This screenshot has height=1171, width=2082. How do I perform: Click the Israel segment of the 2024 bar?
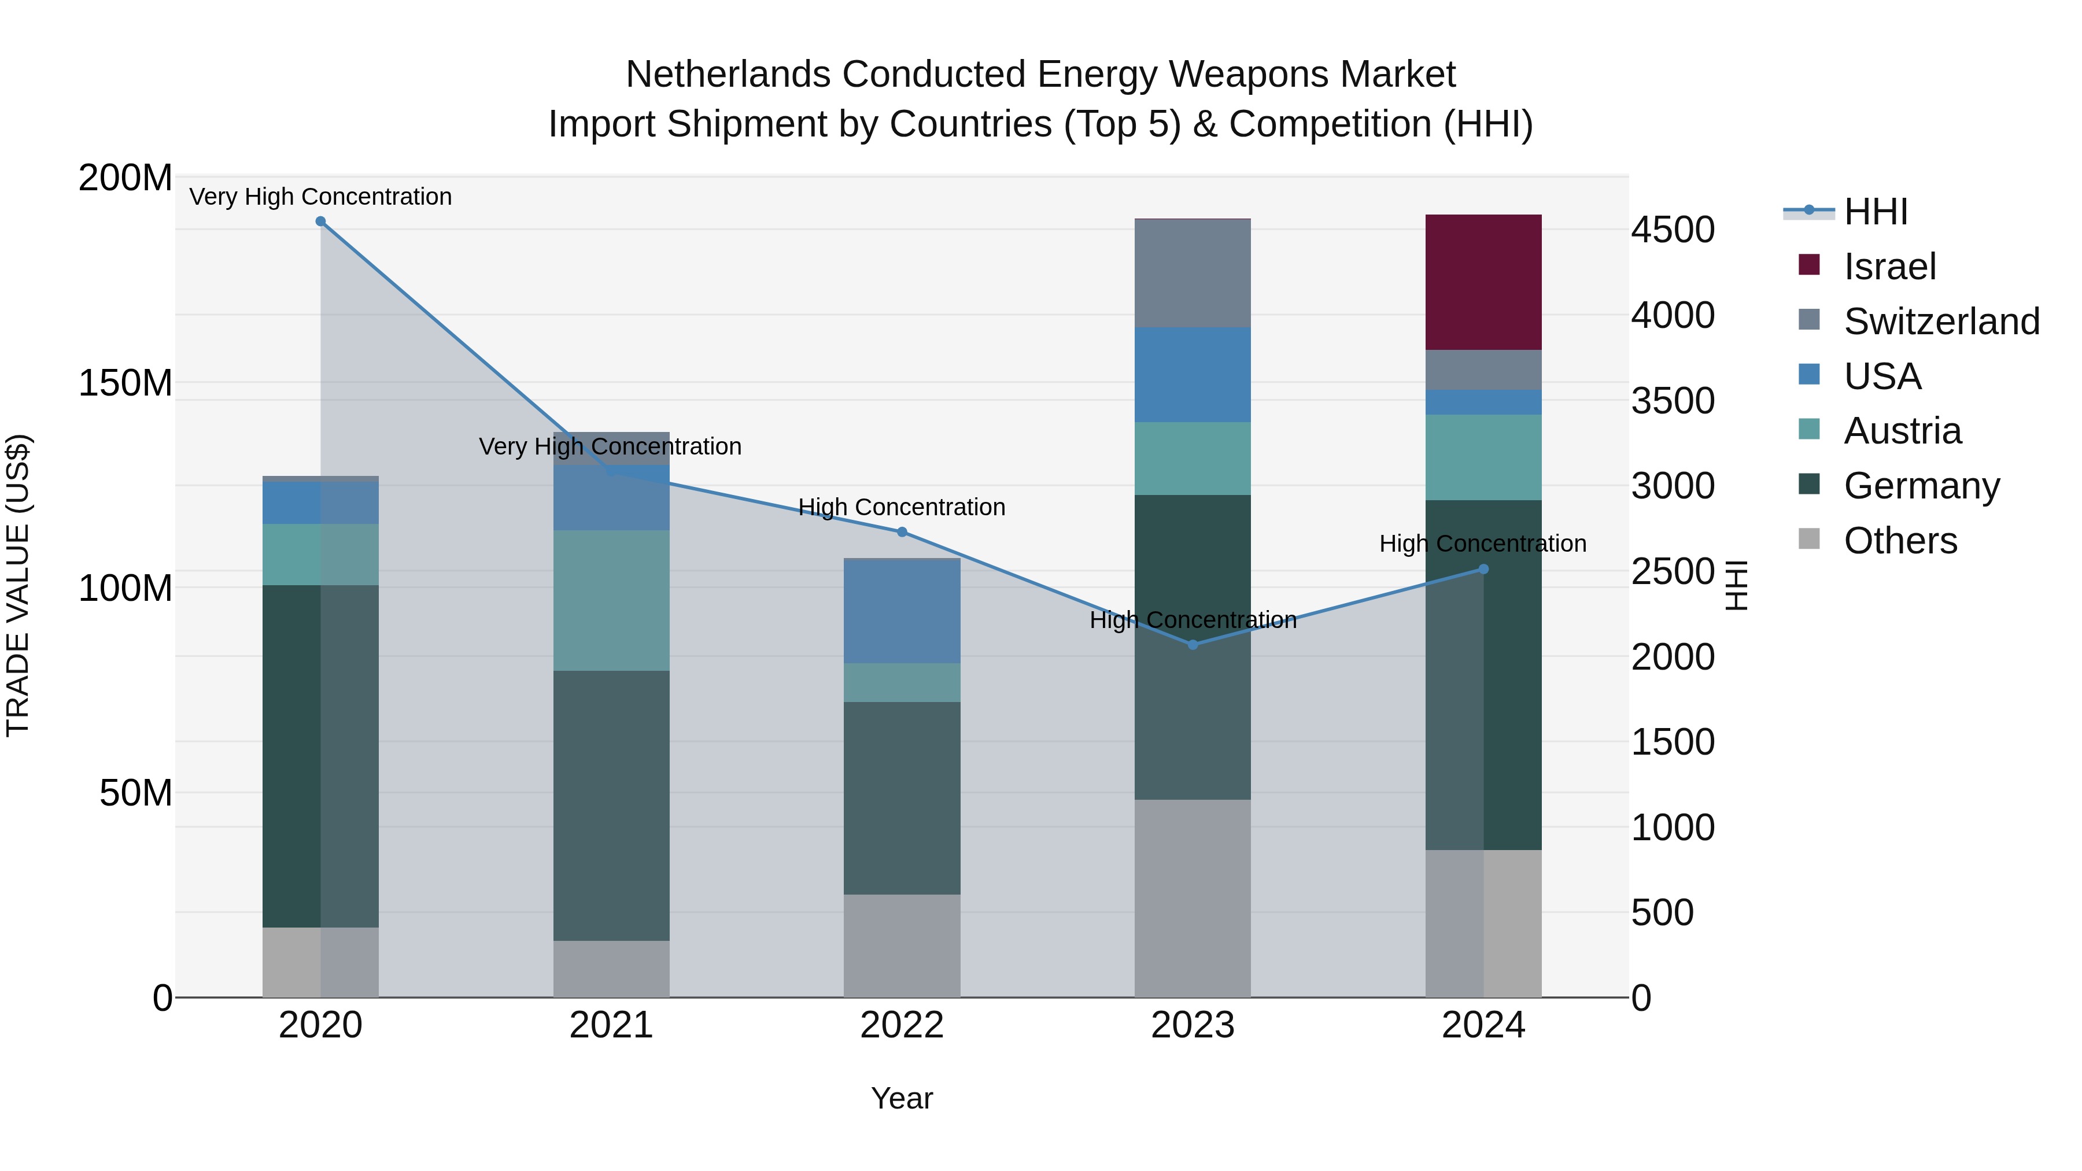(x=1483, y=282)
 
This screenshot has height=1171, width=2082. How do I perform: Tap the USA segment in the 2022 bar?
(x=902, y=611)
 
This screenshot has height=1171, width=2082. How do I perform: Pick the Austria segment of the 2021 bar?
(x=611, y=600)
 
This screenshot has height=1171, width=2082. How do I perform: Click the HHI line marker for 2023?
(x=1193, y=645)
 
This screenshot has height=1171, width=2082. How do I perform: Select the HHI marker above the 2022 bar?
(x=902, y=532)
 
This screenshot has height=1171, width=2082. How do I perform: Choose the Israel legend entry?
(x=1889, y=267)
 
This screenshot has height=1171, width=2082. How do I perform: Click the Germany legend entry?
(x=1921, y=486)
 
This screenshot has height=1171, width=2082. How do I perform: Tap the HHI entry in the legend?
(x=1875, y=212)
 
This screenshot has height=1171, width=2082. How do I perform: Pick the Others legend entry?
(x=1900, y=541)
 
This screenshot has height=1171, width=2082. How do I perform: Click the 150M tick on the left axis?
(x=125, y=383)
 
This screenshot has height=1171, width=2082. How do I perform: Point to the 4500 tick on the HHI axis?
(x=1672, y=230)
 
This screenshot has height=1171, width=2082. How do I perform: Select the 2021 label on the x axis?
(x=611, y=1025)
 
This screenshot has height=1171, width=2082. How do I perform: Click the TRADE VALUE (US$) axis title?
(x=18, y=585)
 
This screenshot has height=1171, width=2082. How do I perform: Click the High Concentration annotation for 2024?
(x=1482, y=544)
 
